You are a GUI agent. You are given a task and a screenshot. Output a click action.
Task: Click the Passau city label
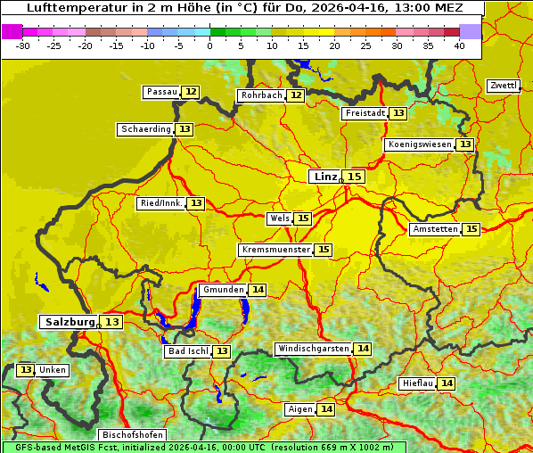(x=162, y=92)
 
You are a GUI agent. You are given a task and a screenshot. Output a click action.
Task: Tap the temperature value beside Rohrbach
(x=296, y=95)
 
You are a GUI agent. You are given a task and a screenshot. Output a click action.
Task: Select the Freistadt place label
(x=365, y=113)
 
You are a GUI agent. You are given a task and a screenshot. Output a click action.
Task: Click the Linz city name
(x=325, y=177)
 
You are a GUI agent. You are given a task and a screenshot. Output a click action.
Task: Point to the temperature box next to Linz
(x=355, y=177)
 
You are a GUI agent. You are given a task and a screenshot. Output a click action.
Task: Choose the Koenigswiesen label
(x=420, y=144)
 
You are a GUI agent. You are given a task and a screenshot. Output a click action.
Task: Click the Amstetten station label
(x=435, y=229)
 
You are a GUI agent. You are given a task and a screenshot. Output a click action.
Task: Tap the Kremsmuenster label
(x=275, y=250)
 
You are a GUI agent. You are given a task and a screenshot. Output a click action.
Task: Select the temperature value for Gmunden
(x=258, y=290)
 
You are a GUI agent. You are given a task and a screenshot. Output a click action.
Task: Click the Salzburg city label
(x=70, y=322)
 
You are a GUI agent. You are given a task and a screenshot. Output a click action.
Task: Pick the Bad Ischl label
(x=187, y=351)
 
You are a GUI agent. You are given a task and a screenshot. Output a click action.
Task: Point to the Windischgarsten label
(x=313, y=349)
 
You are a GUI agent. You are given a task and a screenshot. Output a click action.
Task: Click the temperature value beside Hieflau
(x=447, y=383)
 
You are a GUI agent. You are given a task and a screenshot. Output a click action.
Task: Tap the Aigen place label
(x=300, y=409)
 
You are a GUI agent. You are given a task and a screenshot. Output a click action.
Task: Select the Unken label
(x=52, y=370)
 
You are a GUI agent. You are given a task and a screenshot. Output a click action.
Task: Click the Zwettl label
(x=504, y=86)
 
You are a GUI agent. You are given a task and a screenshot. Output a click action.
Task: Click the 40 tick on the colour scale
(x=459, y=45)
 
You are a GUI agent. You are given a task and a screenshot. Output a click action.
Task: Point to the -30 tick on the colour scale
(x=23, y=45)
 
